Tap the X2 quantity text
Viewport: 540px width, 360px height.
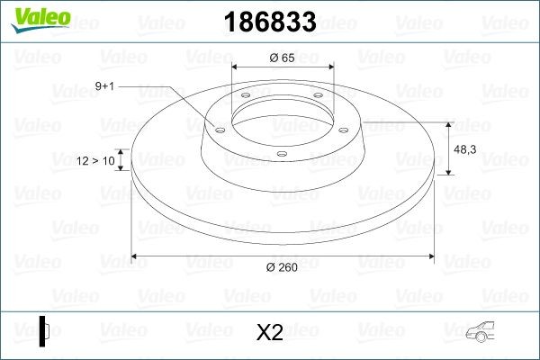[270, 332]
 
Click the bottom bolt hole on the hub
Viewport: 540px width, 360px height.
[282, 154]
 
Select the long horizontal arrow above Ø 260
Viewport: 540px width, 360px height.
[283, 257]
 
